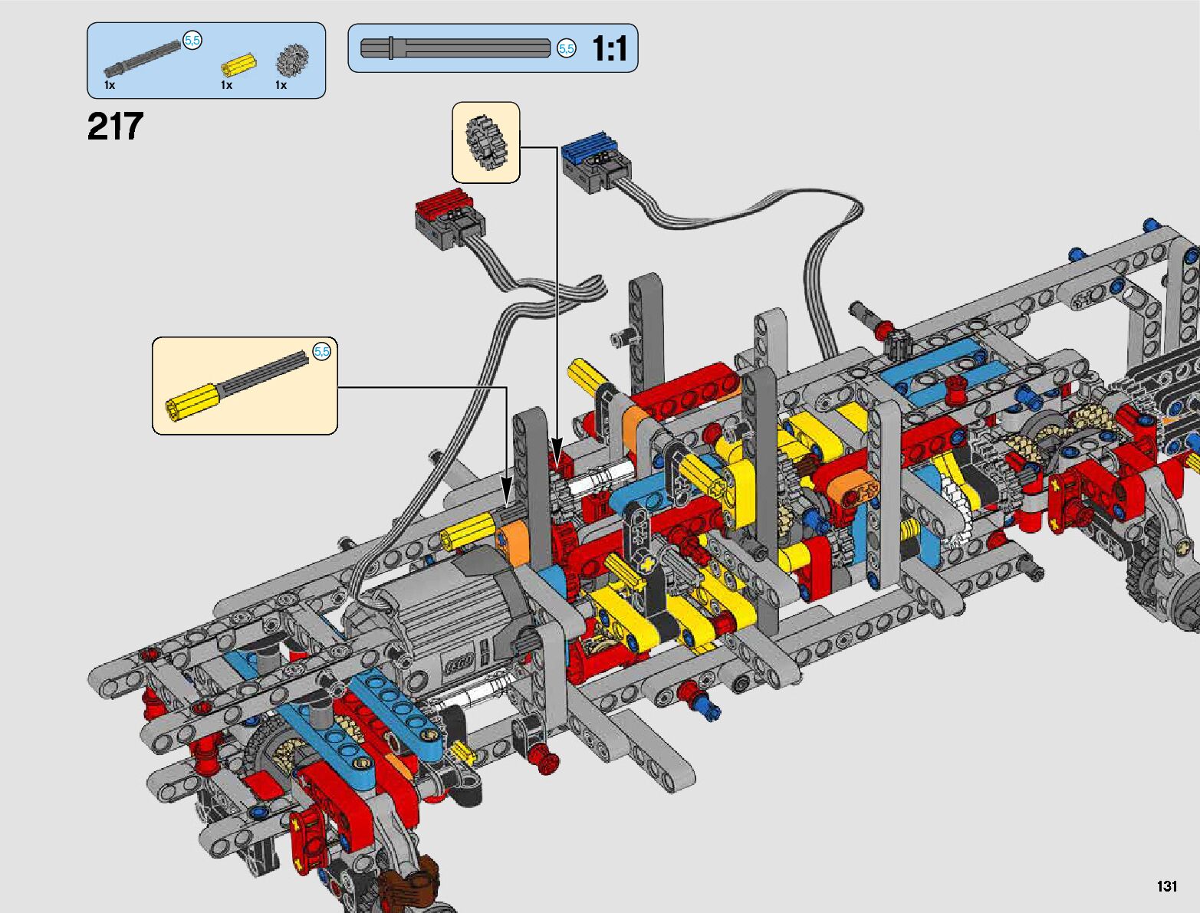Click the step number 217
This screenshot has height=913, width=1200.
(x=115, y=126)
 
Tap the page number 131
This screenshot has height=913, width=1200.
(x=1167, y=885)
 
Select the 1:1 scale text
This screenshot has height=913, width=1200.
(x=610, y=48)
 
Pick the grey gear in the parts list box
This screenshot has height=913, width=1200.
(x=292, y=61)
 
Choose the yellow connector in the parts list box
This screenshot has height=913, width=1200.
(x=239, y=64)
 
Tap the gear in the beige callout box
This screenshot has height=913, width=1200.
(x=486, y=142)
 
